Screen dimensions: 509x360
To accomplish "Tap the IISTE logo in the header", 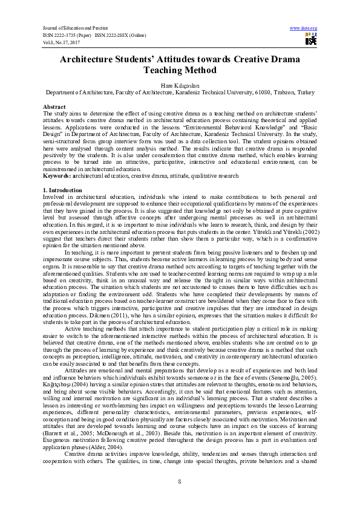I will tap(311, 40).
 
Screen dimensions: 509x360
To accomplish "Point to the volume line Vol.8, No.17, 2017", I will tap(60, 42).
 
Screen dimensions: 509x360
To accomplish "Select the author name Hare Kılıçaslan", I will tap(180, 85).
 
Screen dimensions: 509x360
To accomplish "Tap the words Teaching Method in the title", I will tap(180, 71).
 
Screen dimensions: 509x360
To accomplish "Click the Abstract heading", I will tap(55, 106).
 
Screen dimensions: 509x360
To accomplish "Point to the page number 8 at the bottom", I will tap(180, 480).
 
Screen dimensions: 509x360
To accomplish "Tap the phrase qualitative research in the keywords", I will tap(214, 175).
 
